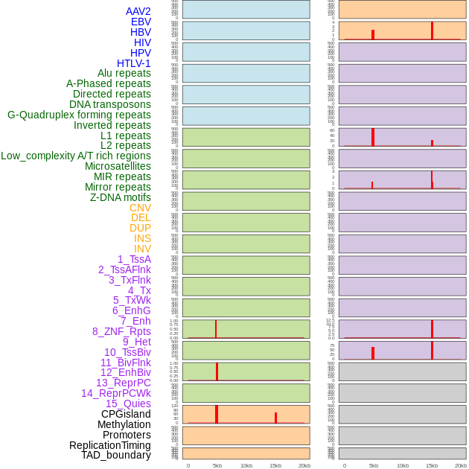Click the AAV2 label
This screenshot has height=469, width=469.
click(x=138, y=11)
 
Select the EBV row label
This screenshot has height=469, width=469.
click(x=141, y=22)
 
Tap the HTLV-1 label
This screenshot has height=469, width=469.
click(x=133, y=63)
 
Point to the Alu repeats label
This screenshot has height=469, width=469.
click(x=124, y=73)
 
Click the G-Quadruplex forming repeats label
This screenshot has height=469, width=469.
click(x=79, y=115)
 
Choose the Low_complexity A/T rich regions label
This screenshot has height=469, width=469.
click(x=76, y=156)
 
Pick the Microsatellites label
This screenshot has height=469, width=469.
click(x=118, y=166)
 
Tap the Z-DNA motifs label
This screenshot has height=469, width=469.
click(x=121, y=197)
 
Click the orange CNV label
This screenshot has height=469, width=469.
click(x=140, y=208)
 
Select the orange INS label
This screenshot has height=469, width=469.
click(x=142, y=238)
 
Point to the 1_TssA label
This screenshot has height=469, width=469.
click(x=134, y=259)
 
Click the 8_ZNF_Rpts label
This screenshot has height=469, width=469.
click(x=121, y=331)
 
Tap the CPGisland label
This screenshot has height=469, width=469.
click(x=126, y=414)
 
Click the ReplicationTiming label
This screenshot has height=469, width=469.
click(x=110, y=445)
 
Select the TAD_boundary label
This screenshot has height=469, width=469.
click(x=116, y=455)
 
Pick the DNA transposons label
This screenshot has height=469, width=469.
click(x=110, y=104)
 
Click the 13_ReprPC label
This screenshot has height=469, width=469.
click(x=123, y=383)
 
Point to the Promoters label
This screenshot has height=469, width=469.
click(x=127, y=435)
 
